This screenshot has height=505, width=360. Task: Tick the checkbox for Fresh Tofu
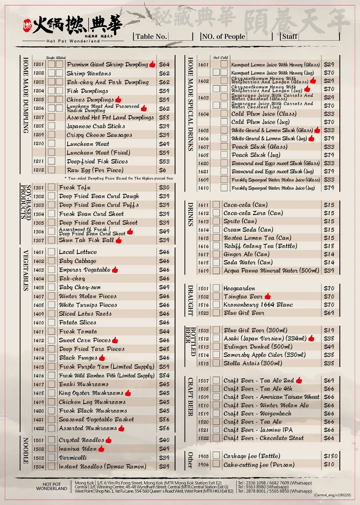click(x=51, y=187)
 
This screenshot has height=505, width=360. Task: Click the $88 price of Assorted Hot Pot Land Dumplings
click(x=164, y=118)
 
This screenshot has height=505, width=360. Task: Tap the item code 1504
click(x=38, y=467)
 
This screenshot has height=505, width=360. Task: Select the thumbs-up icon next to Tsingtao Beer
click(x=268, y=296)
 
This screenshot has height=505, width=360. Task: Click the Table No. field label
click(x=151, y=37)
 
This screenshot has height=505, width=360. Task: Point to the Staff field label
click(x=290, y=37)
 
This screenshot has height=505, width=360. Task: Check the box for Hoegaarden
click(x=216, y=288)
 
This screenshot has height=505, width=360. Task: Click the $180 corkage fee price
click(x=330, y=456)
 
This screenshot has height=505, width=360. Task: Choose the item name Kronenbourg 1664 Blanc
click(x=258, y=305)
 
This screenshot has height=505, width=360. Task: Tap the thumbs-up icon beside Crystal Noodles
click(x=108, y=440)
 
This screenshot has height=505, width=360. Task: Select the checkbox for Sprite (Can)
click(x=216, y=221)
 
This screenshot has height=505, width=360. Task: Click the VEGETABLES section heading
click(x=26, y=270)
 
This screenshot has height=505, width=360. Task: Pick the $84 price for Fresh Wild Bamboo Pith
click(x=164, y=375)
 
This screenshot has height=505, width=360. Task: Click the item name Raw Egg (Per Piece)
click(x=95, y=170)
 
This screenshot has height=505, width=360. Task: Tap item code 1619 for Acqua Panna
click(x=203, y=271)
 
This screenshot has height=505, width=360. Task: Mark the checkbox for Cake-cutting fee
click(x=216, y=464)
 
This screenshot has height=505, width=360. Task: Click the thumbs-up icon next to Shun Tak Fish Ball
click(x=119, y=240)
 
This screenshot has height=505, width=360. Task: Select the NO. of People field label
click(x=223, y=37)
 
